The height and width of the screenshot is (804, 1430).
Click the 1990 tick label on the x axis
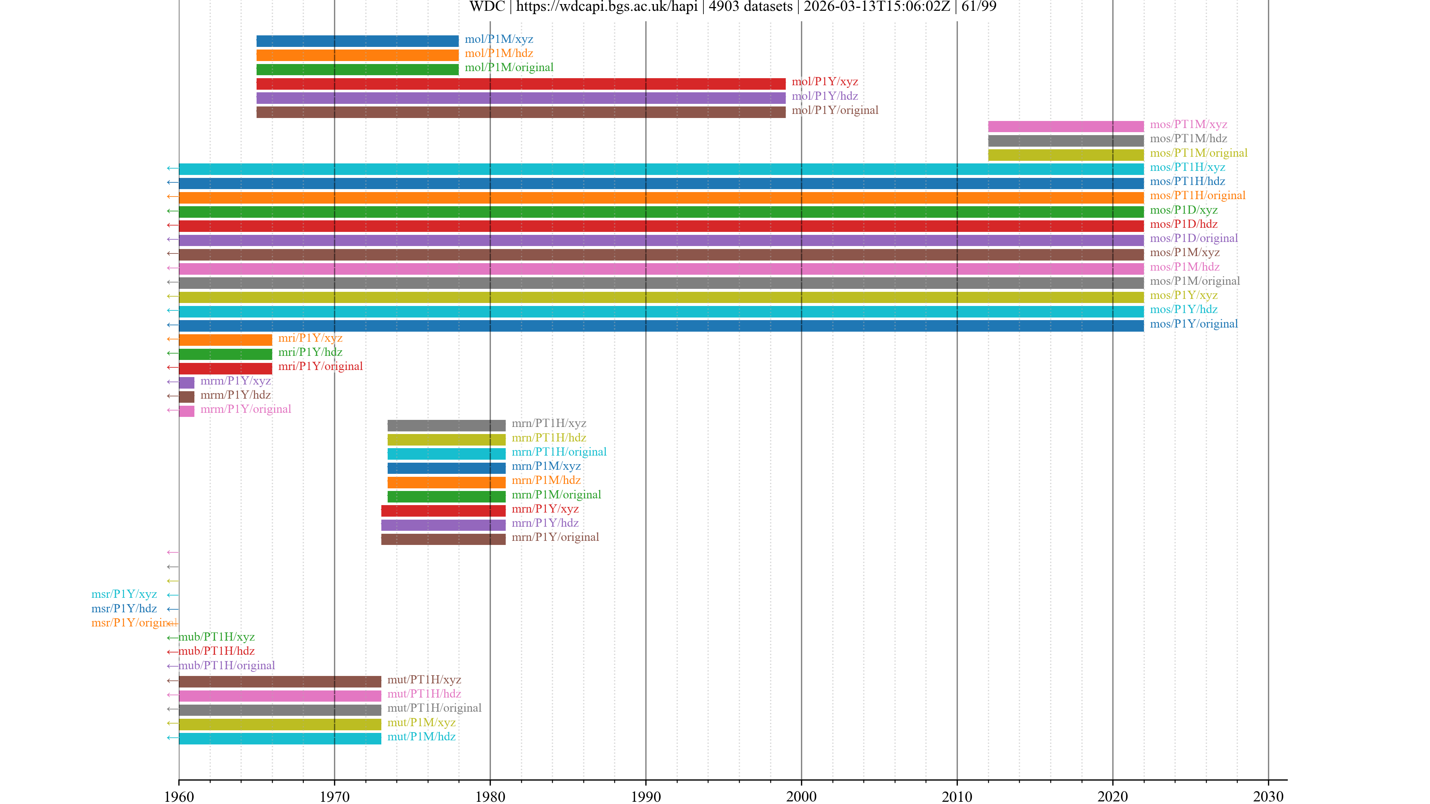point(646,796)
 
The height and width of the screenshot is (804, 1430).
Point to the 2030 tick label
point(1268,796)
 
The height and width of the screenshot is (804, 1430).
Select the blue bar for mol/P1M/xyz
point(357,41)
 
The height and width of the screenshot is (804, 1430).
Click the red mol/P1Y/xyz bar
point(521,84)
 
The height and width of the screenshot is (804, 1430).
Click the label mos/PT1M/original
point(1198,153)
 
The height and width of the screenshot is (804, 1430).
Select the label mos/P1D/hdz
point(1183,224)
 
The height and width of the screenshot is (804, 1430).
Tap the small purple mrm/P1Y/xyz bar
point(187,382)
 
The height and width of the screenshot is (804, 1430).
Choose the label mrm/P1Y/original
point(245,409)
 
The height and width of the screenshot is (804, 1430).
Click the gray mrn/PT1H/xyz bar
point(447,425)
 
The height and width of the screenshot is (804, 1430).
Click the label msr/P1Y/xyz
point(124,594)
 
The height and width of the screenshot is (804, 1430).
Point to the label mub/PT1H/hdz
point(216,651)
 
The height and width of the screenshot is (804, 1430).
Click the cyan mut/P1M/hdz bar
point(280,738)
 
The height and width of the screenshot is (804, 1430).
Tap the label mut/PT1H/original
point(434,708)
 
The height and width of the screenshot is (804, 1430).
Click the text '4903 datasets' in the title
point(750,7)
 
